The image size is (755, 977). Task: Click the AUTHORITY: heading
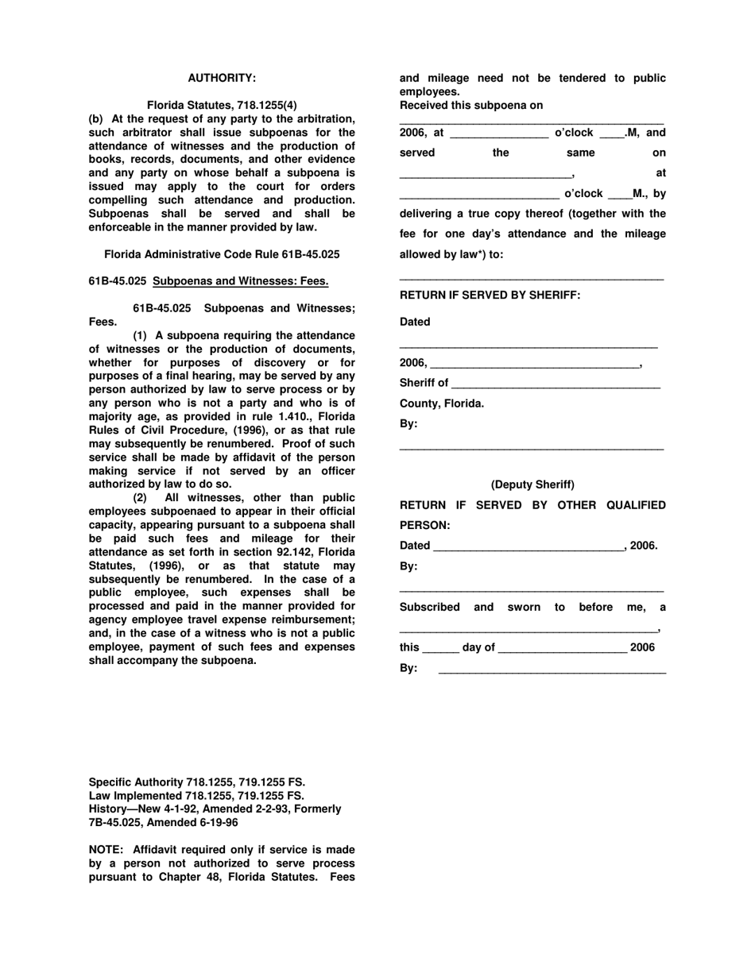[222, 78]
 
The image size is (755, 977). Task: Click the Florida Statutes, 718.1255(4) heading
[222, 105]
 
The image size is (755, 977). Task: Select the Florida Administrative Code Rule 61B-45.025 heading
[222, 254]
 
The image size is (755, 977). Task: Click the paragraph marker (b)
[95, 119]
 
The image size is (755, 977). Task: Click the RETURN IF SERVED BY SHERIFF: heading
[490, 295]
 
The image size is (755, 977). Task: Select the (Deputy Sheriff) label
[532, 485]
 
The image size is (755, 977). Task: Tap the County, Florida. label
[441, 404]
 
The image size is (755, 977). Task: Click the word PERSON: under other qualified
[424, 525]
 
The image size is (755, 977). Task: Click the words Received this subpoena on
[471, 105]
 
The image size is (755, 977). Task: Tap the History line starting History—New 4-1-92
[215, 809]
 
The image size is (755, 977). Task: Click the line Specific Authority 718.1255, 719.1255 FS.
[196, 782]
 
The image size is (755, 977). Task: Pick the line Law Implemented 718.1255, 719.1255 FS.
[196, 795]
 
